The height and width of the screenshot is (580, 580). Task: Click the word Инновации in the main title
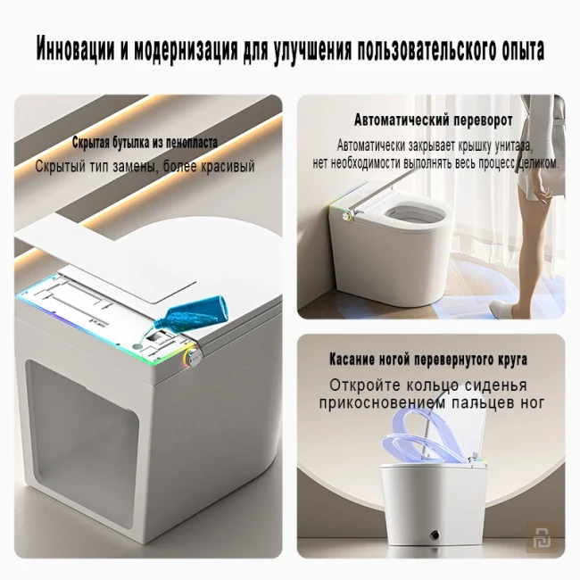click(x=78, y=49)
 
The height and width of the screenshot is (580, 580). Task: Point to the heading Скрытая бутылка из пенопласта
click(x=145, y=143)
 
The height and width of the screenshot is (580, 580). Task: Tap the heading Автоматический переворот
click(x=433, y=120)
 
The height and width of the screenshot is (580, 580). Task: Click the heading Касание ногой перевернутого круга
click(x=427, y=360)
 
